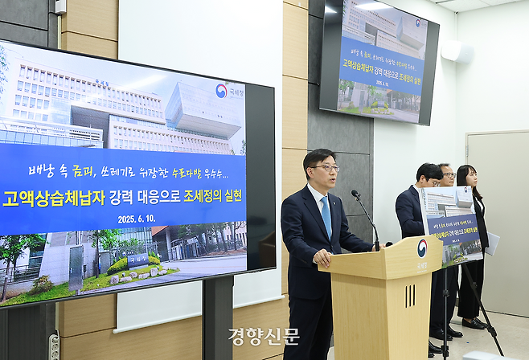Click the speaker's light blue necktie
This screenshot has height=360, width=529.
(x=326, y=215)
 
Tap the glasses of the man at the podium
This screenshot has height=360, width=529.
(x=326, y=168)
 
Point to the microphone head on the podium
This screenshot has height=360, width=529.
(x=355, y=194)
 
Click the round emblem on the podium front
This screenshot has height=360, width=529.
(x=421, y=248)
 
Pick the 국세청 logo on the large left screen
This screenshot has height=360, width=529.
(x=228, y=91)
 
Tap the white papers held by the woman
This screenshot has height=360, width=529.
(x=492, y=243)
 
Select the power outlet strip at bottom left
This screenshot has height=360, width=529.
(x=54, y=346)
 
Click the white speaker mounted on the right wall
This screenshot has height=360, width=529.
(x=457, y=51)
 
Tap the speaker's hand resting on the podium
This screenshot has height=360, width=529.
(x=322, y=259)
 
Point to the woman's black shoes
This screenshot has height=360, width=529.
(x=473, y=323)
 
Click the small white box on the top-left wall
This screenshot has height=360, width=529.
(x=61, y=7)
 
